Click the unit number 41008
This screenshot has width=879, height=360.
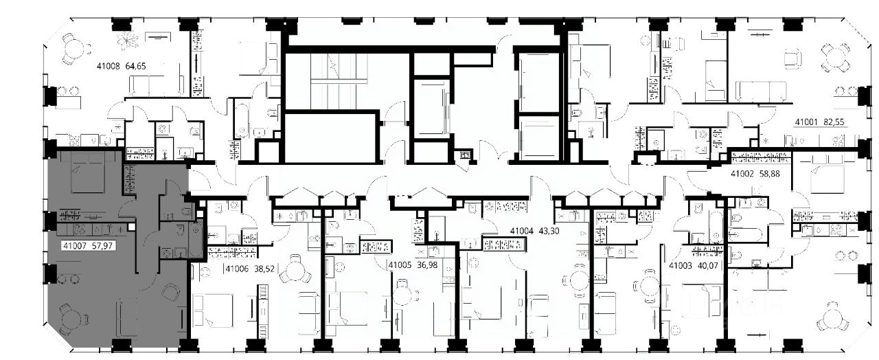(x=108, y=66)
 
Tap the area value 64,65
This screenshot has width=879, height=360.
(x=135, y=66)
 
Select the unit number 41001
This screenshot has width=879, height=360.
(x=806, y=122)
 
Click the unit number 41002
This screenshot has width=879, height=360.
(x=742, y=174)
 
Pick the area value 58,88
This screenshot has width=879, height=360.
(x=770, y=174)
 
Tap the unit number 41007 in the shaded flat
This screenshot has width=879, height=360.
(x=75, y=246)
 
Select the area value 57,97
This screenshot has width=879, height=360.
(x=102, y=246)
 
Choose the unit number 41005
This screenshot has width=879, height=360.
(x=400, y=265)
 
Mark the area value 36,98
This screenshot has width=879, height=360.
(x=427, y=265)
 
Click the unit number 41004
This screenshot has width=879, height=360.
(x=521, y=232)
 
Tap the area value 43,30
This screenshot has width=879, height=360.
(x=549, y=232)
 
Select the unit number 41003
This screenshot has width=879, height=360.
(x=681, y=266)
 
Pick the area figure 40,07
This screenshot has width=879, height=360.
(x=708, y=266)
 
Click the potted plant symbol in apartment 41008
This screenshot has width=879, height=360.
(x=128, y=41)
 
